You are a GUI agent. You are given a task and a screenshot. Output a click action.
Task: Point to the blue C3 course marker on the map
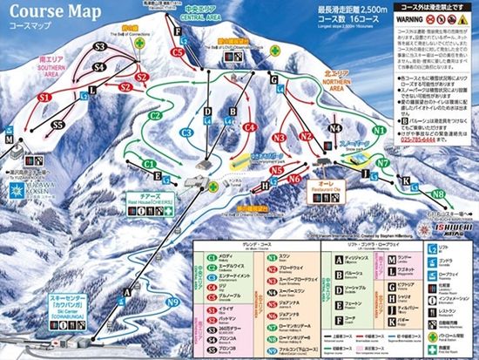[x=186, y=132]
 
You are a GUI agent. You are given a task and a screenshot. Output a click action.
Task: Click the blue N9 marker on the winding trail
[x=172, y=302]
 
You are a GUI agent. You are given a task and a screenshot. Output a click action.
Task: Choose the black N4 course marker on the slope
[x=335, y=128]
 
